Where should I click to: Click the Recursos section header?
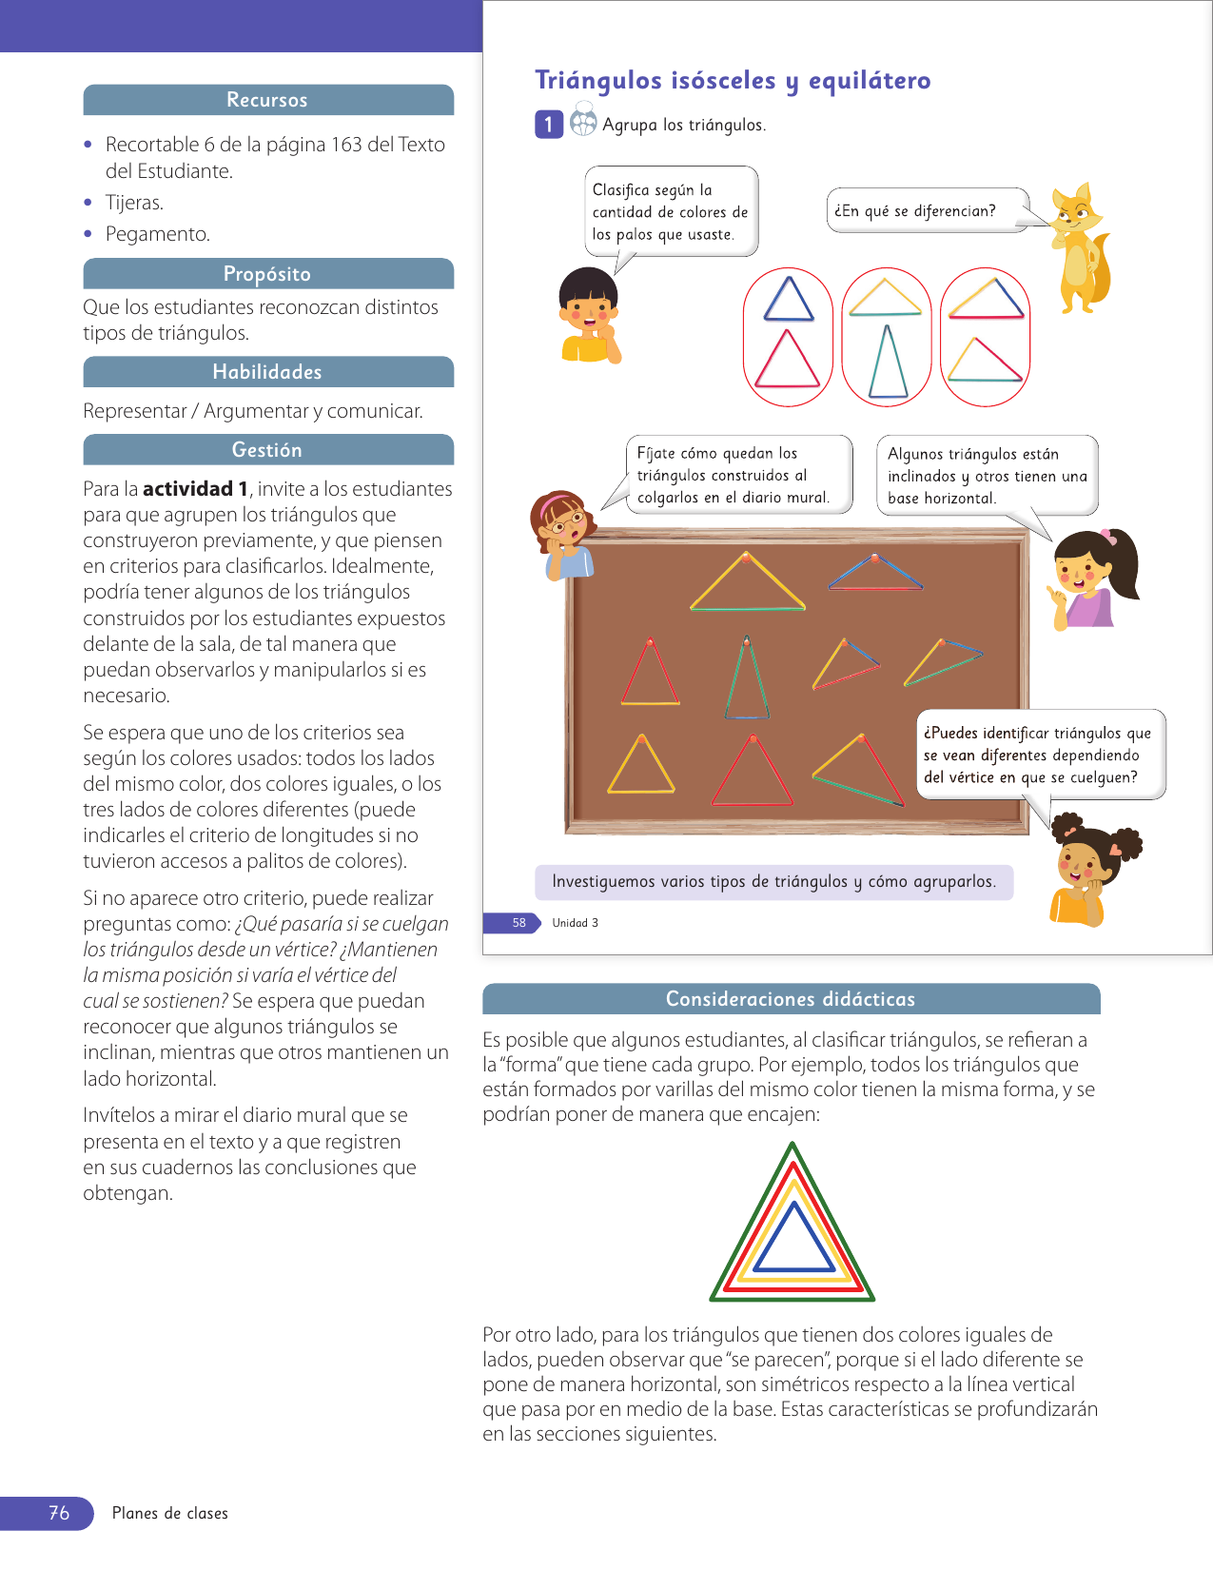tap(267, 100)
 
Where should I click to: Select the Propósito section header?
tap(267, 274)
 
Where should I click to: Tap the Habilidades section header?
tap(267, 372)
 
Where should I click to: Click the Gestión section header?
tap(267, 450)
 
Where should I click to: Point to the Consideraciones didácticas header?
tap(790, 999)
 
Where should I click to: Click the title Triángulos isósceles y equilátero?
tap(733, 81)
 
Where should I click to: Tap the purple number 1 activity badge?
tap(549, 125)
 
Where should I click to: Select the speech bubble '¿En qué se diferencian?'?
tap(926, 210)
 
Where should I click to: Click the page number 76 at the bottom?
tap(59, 1513)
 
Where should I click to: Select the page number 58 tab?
tap(518, 923)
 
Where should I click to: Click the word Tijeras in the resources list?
tap(134, 203)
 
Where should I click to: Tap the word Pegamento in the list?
tap(158, 234)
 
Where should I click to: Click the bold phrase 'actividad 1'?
tap(195, 489)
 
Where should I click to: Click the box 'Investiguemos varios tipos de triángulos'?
tap(773, 882)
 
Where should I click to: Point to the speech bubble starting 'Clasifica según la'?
tap(670, 212)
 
